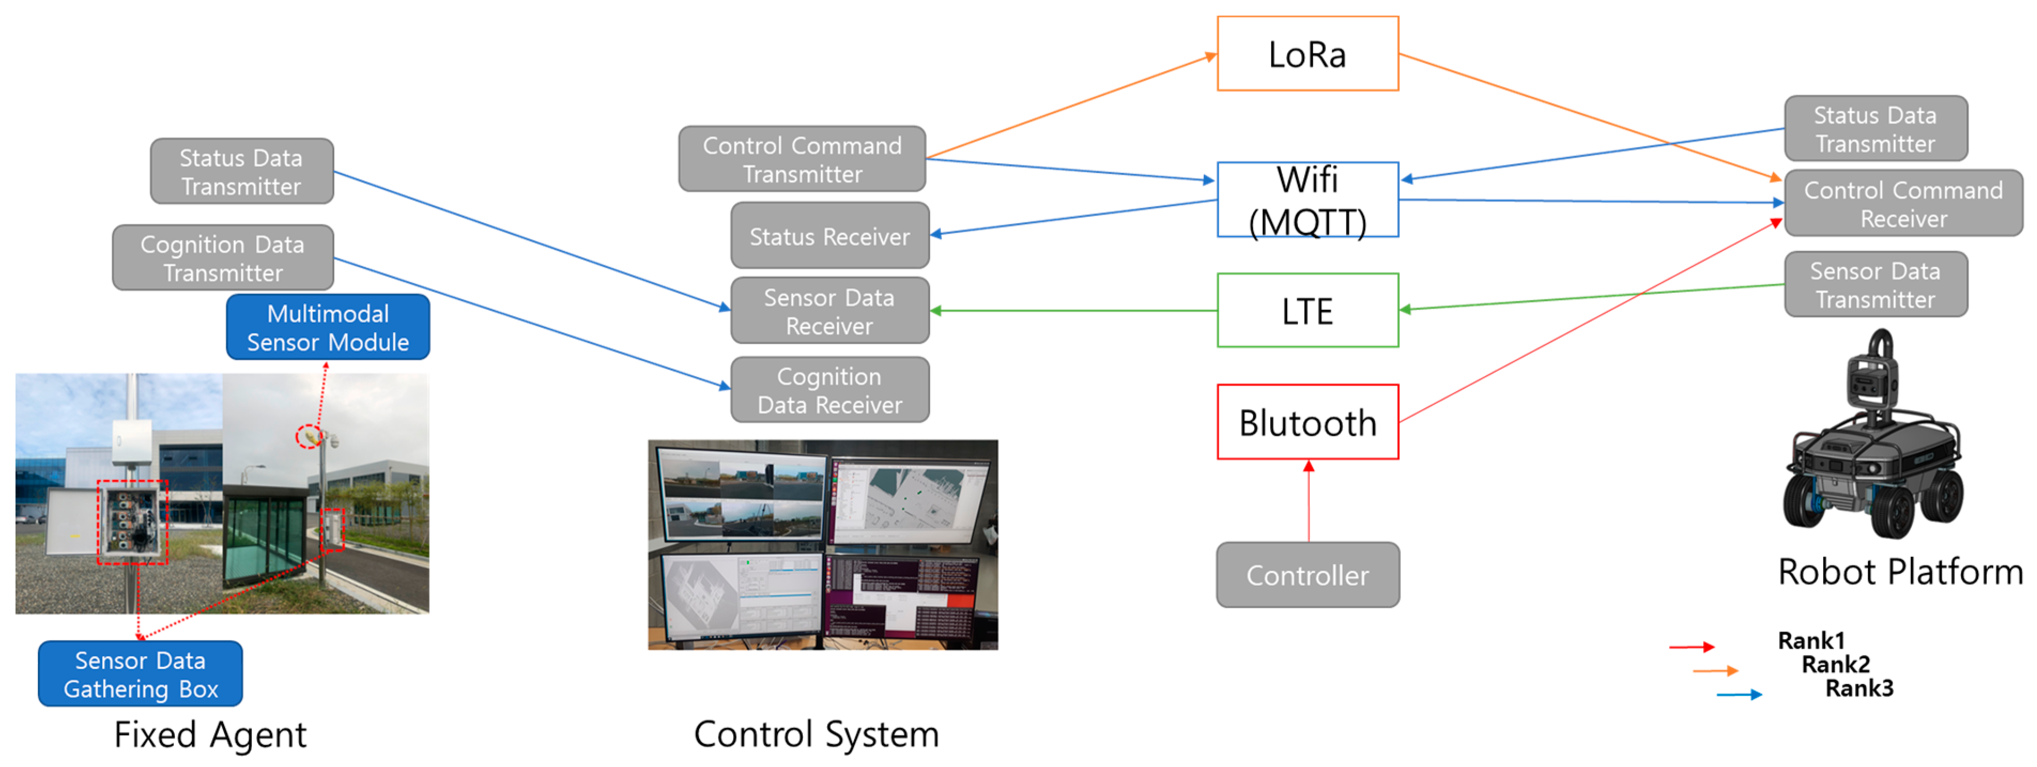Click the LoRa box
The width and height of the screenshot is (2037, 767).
[1307, 54]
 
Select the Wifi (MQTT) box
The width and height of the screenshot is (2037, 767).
[1307, 199]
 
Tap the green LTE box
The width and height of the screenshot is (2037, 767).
[1307, 310]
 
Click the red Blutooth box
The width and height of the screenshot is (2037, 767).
[1307, 422]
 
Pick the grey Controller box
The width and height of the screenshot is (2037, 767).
[1307, 575]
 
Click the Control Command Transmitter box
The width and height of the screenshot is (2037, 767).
[801, 159]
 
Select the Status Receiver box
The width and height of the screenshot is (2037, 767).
[829, 236]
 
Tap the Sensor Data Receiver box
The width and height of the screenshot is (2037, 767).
[829, 311]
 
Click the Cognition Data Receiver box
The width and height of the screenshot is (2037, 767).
[829, 390]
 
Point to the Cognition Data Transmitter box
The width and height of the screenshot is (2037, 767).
[222, 258]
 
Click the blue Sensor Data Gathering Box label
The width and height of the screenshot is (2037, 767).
[140, 673]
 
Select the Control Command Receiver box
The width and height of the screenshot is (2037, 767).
[1903, 203]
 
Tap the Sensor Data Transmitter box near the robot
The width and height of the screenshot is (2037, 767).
[1875, 285]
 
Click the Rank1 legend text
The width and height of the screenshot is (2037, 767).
[1811, 640]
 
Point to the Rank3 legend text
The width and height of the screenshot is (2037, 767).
[1858, 688]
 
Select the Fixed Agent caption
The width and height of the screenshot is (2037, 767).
[210, 734]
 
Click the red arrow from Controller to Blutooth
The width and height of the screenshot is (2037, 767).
[1308, 502]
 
